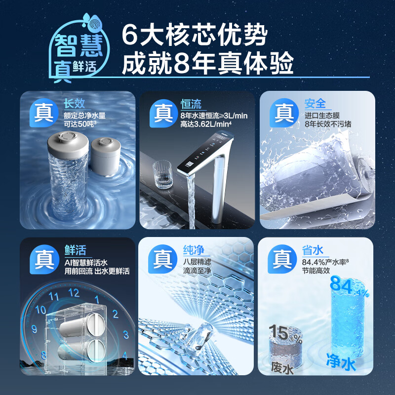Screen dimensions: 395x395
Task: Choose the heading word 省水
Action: point(314,250)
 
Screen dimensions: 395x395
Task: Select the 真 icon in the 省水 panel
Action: point(282,258)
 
